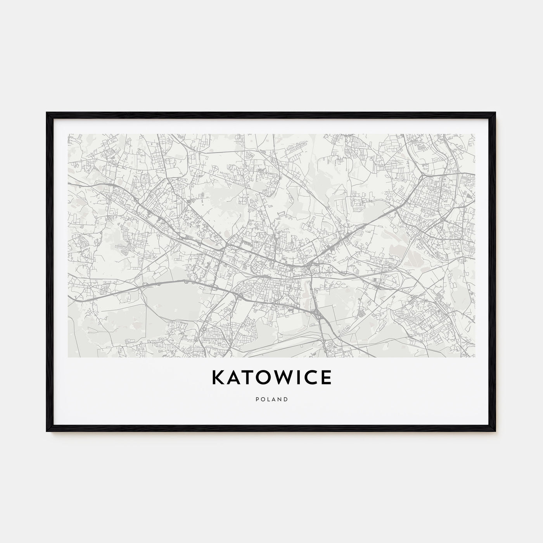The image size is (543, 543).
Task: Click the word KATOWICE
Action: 271,377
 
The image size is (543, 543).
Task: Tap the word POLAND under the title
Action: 271,399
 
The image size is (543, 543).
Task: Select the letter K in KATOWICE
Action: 218,377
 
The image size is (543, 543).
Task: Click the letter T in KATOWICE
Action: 245,377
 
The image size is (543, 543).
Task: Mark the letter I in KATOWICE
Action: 297,377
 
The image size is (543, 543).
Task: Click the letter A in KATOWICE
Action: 232,377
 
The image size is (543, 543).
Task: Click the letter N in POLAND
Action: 280,399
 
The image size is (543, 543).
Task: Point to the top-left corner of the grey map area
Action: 68,135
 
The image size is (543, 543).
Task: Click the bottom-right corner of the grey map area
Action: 474,357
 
